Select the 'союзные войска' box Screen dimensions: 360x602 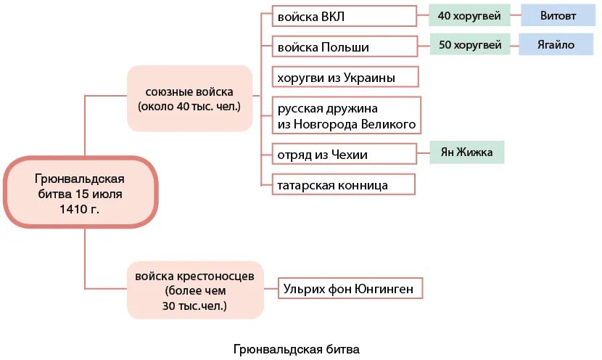pos(189,99)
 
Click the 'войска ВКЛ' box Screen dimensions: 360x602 pos(344,17)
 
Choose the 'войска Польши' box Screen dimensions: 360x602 pos(344,47)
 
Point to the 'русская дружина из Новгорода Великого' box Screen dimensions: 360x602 pos(346,115)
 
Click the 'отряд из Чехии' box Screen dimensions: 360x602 pos(344,155)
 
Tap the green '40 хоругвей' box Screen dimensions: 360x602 pos(469,15)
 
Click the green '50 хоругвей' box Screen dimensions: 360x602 pos(470,45)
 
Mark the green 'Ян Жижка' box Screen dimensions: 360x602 pos(466,153)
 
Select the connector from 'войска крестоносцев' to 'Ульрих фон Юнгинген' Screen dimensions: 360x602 pos(271,290)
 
